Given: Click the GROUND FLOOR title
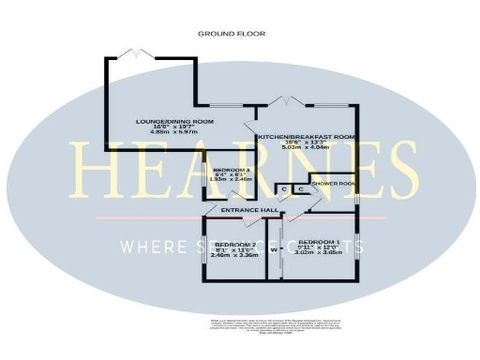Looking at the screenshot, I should tap(231, 34).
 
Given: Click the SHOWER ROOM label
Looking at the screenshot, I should tap(333, 184).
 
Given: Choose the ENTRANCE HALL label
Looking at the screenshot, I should tap(247, 211).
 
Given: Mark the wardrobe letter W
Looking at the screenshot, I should tap(274, 250).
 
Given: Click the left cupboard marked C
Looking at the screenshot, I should tap(284, 189).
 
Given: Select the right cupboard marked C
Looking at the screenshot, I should tap(300, 189).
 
